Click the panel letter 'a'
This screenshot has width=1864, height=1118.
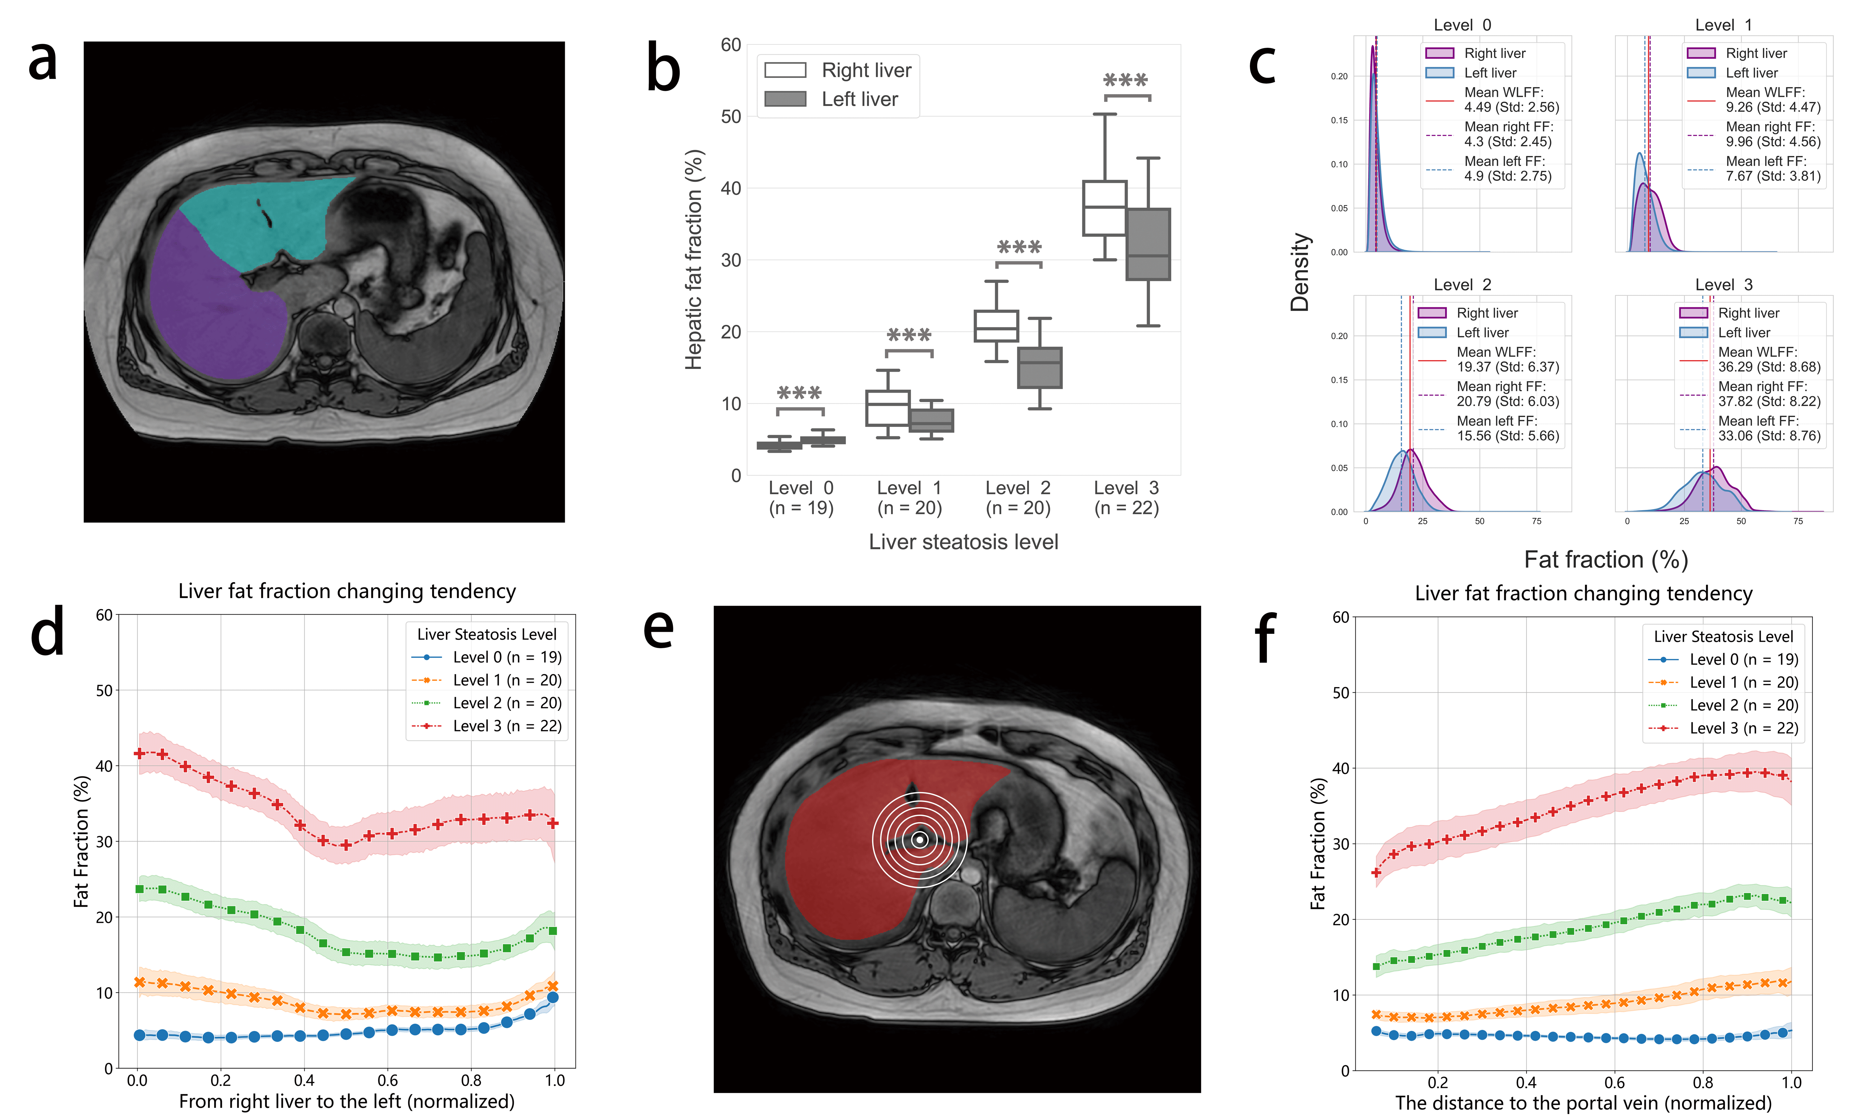(43, 62)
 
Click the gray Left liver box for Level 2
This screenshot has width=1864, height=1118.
(1040, 368)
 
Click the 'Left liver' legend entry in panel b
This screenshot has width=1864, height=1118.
(859, 100)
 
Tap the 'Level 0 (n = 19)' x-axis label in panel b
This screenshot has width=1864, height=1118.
(801, 498)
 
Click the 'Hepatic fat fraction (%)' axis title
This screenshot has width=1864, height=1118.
(693, 260)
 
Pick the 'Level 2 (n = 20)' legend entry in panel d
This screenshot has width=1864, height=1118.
(506, 703)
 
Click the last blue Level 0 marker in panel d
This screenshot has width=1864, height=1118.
(552, 997)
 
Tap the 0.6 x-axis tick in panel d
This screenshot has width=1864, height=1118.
(388, 1080)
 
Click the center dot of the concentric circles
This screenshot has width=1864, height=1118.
(919, 839)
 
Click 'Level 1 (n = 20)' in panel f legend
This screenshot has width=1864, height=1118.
(1743, 683)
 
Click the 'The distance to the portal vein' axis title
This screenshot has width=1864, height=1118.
(1582, 1103)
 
